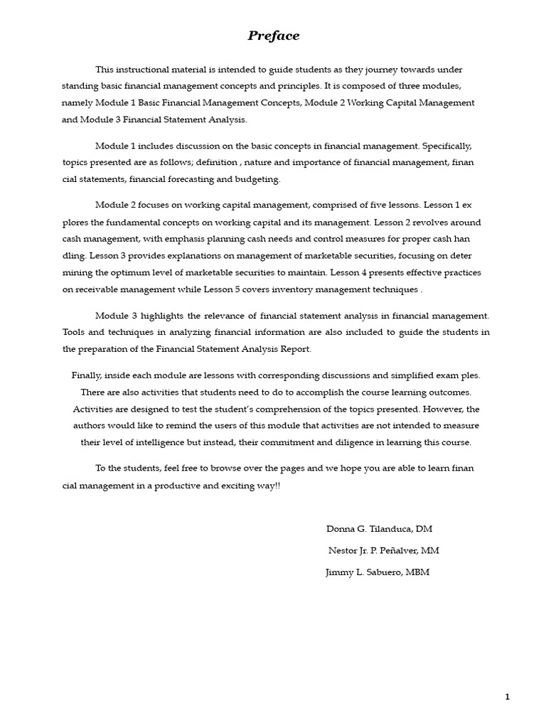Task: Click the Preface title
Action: click(274, 36)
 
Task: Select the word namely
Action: click(77, 102)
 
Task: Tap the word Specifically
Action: click(447, 146)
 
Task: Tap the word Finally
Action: click(87, 375)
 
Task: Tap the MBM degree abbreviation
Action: click(417, 572)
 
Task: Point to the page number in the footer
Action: click(507, 697)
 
